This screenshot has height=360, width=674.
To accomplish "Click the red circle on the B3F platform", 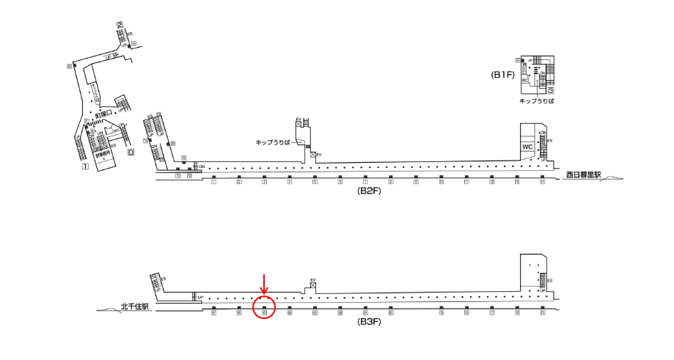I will tap(264, 307).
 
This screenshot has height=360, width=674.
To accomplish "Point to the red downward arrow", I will tap(265, 284).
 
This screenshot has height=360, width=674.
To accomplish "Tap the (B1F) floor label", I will tap(504, 75).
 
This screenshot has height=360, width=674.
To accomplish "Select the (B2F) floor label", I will tap(369, 191).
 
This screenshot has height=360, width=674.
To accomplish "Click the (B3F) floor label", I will tap(369, 321).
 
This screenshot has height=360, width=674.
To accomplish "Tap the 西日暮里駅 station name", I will tap(584, 175).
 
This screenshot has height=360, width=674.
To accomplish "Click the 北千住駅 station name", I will tap(135, 308).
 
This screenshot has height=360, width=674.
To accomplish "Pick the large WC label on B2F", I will tap(527, 147).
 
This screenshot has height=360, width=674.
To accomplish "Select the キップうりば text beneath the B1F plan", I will tap(536, 100).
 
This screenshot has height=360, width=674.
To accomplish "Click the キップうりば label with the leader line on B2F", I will tap(274, 142).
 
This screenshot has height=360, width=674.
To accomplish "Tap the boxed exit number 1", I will tap(85, 166).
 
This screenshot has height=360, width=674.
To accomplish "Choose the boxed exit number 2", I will tap(119, 25).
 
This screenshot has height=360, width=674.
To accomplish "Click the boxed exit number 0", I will tap(131, 153).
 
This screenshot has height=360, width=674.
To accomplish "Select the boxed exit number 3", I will tap(549, 90).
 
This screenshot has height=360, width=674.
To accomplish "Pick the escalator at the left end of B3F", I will tap(155, 282).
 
